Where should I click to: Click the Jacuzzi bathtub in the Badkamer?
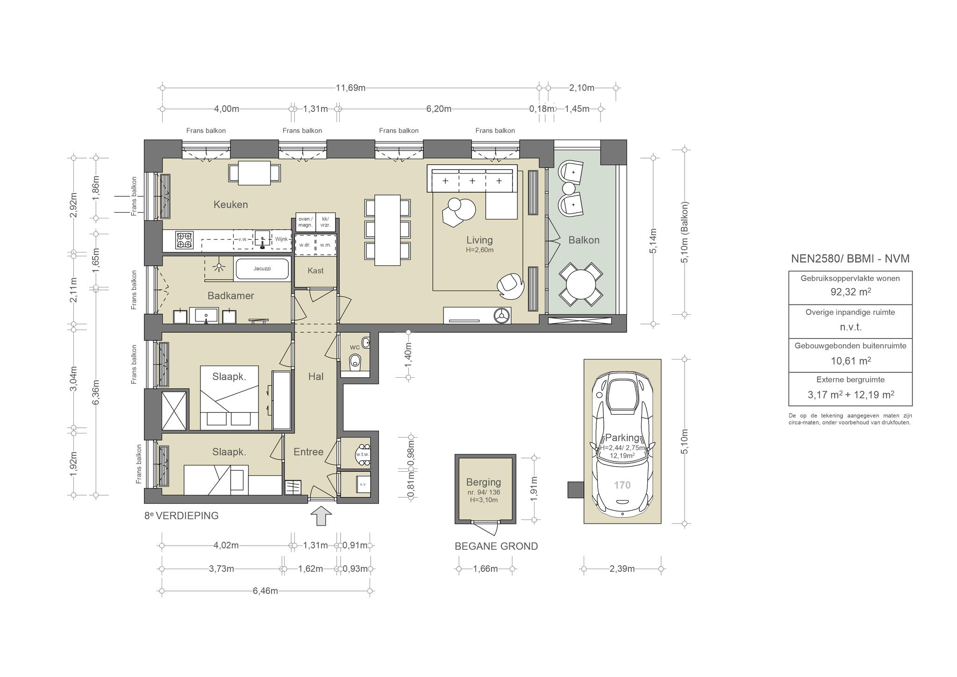(x=262, y=269)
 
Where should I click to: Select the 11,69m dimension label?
(x=350, y=88)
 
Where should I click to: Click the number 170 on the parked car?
(x=622, y=485)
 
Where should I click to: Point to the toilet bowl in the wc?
(x=356, y=361)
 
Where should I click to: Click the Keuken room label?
(x=230, y=204)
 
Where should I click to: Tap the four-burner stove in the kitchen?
(x=184, y=240)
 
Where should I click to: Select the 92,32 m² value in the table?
(x=850, y=292)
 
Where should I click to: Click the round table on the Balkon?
(x=581, y=284)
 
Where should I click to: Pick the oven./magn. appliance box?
(x=305, y=222)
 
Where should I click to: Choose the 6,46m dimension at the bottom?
(x=265, y=591)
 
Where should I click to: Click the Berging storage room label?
(x=483, y=482)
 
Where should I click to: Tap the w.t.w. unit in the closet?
(x=363, y=454)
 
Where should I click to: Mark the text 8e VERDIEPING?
(x=182, y=516)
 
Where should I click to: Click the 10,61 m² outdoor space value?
(x=850, y=360)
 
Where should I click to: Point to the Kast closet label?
(x=315, y=271)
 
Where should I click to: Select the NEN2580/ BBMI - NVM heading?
(x=850, y=259)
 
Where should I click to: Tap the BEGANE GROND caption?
(x=496, y=546)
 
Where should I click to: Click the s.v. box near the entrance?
(x=363, y=484)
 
